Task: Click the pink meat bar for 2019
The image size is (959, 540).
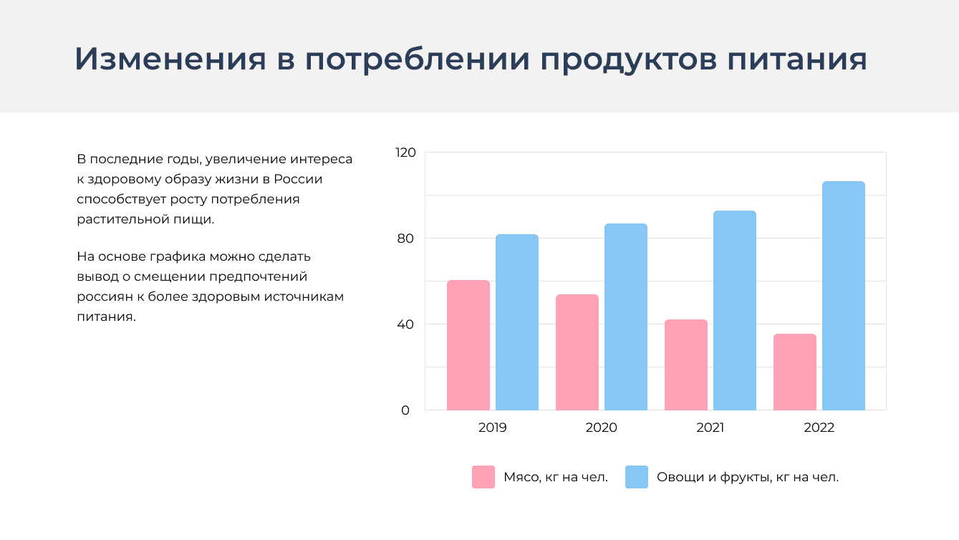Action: click(x=468, y=345)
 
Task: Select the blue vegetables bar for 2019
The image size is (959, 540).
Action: click(x=516, y=322)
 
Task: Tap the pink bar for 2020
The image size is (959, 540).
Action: click(x=577, y=352)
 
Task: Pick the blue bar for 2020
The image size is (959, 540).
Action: click(x=625, y=317)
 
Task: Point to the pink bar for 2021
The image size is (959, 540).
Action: click(x=685, y=365)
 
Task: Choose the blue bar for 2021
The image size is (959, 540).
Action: click(x=734, y=310)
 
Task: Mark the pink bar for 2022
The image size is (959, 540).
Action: click(x=794, y=372)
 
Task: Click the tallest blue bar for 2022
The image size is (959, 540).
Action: click(x=843, y=296)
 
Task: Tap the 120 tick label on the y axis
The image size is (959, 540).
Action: click(x=405, y=153)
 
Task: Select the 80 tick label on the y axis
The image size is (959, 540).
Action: click(x=405, y=238)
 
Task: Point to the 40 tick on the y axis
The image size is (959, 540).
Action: click(x=405, y=324)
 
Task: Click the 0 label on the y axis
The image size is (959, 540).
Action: click(x=405, y=410)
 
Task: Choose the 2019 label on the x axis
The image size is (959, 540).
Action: click(x=492, y=428)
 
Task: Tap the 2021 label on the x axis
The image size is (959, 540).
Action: click(x=710, y=428)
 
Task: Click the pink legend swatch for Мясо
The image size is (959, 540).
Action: click(x=483, y=477)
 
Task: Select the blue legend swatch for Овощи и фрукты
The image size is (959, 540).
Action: click(x=636, y=477)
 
